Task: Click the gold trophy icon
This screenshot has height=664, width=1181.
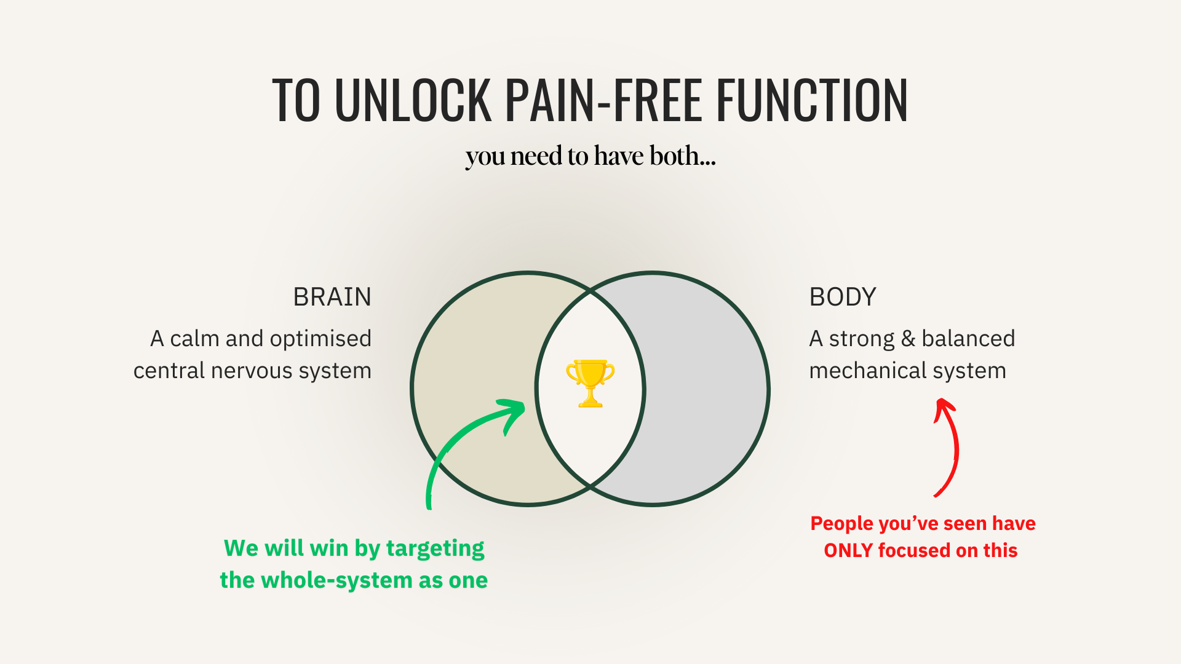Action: pyautogui.click(x=590, y=384)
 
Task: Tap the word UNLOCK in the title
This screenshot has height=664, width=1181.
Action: pyautogui.click(x=413, y=100)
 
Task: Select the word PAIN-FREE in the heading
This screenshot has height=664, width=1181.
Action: pyautogui.click(x=604, y=100)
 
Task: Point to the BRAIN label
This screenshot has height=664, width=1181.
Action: pyautogui.click(x=332, y=297)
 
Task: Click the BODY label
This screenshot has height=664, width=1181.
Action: pyautogui.click(x=843, y=297)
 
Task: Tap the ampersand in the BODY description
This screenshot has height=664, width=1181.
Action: pyautogui.click(x=908, y=339)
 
